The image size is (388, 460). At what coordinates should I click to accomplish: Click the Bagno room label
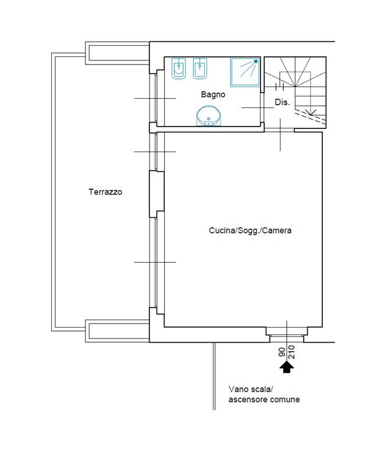point(213,95)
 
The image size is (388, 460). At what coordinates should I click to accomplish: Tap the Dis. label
point(282,102)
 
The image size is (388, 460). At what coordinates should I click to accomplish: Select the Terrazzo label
point(105,192)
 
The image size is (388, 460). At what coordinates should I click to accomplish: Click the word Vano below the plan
point(237,389)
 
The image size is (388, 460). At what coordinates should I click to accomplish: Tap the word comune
point(285,400)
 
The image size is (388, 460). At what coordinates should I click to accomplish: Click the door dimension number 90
point(282,352)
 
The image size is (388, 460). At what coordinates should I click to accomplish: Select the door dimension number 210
point(291,352)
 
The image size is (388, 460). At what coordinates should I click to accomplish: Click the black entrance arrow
point(287,367)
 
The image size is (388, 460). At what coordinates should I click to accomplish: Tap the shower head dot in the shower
point(256,62)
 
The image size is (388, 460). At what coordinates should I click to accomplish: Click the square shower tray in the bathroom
point(245,72)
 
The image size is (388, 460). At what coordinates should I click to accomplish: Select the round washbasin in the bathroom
point(208,116)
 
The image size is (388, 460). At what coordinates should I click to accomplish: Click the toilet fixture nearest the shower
point(200,69)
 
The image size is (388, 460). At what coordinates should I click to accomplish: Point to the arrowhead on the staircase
point(312,112)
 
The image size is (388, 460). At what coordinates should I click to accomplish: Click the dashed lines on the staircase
point(311,117)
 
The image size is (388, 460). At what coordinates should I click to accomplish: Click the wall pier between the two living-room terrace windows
point(156,194)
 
